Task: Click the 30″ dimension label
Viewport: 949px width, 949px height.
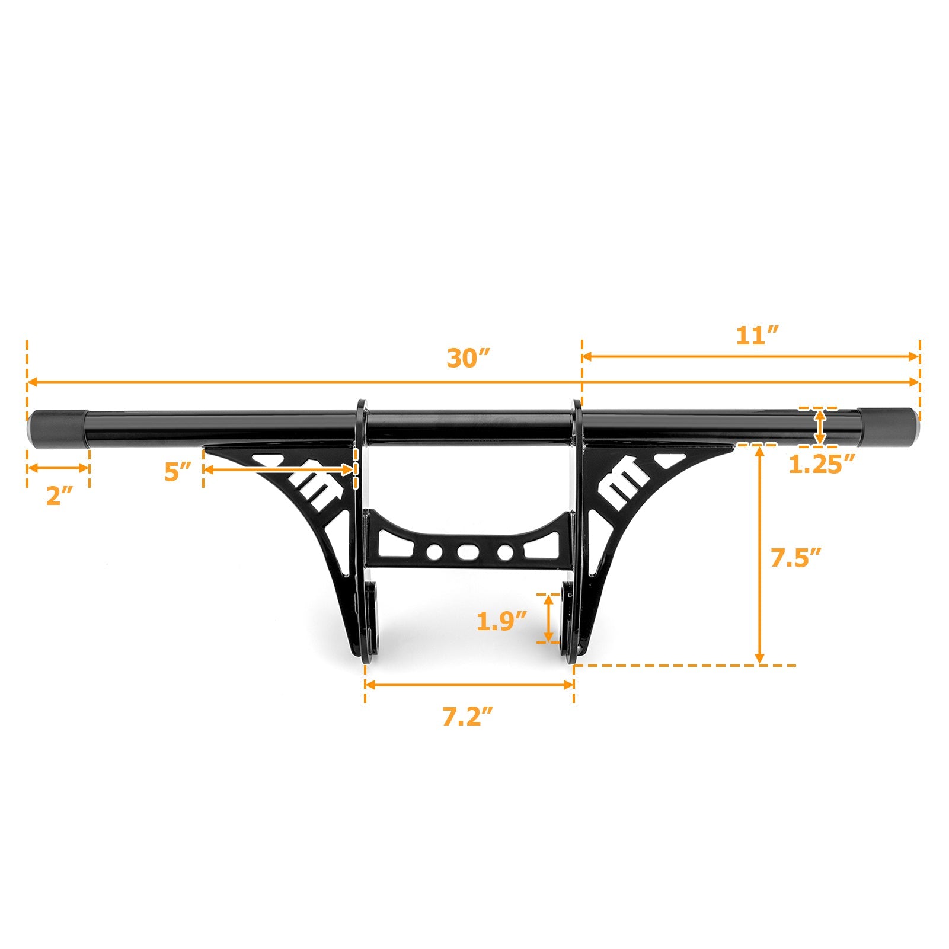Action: pos(468,359)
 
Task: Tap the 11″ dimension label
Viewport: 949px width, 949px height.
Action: pos(757,336)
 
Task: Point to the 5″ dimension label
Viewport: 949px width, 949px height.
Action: pos(178,472)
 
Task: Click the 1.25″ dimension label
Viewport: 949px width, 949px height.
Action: pos(822,464)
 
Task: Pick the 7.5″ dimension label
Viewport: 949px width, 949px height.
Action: pos(795,558)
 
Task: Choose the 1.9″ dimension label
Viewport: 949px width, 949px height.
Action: pos(501,621)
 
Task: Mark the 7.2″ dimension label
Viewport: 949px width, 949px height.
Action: pos(468,717)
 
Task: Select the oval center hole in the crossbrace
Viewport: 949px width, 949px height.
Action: pos(468,552)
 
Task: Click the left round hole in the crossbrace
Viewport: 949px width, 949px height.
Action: pos(434,552)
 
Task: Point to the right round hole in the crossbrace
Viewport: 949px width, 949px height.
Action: pos(505,552)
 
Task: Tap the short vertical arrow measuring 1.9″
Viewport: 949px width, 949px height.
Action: pos(550,618)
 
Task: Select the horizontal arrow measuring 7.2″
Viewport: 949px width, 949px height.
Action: pos(469,684)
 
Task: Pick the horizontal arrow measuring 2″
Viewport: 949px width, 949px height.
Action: pos(58,468)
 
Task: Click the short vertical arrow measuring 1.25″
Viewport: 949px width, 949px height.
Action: pos(820,426)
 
